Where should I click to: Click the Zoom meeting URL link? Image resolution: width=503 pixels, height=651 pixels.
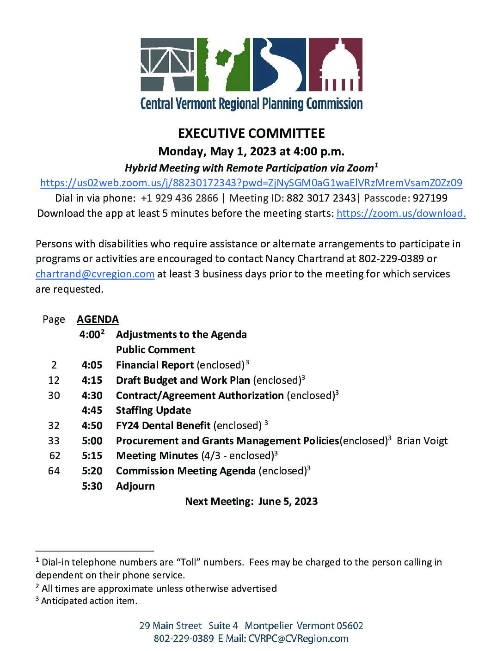point(251,183)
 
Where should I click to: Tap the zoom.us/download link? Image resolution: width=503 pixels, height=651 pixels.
point(401,213)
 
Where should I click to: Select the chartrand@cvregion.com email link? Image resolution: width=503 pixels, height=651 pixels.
point(95,274)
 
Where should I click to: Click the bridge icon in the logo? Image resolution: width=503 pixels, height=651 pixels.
point(167,64)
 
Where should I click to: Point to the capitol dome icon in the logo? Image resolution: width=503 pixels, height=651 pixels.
point(335,64)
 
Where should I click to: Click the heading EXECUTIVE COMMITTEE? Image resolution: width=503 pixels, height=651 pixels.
point(251,134)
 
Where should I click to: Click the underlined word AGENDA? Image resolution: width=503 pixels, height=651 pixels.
point(98,319)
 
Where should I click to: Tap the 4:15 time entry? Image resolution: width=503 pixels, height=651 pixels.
point(92,380)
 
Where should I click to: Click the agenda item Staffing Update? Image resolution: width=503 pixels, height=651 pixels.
point(153,410)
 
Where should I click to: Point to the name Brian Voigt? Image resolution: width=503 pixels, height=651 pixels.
point(422,441)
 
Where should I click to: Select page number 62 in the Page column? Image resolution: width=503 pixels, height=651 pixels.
point(55,456)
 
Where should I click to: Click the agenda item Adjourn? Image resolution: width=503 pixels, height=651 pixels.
point(135,486)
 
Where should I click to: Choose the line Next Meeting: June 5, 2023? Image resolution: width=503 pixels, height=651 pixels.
point(251,501)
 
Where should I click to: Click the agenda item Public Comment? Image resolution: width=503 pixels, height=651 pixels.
point(155,350)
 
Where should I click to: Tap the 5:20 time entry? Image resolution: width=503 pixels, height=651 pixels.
point(92,471)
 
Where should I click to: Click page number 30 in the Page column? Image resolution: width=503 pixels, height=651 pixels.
point(54,395)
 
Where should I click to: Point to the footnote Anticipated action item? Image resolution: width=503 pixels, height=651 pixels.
point(89,601)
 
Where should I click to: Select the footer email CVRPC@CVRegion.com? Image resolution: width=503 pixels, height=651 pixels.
point(298,639)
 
